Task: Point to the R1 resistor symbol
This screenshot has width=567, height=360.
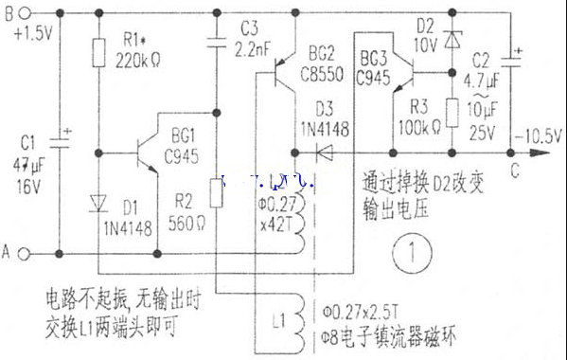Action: (98, 53)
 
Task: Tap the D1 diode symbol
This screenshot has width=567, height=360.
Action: (98, 203)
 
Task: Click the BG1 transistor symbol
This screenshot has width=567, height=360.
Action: (146, 152)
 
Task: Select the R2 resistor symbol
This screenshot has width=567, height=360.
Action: (217, 194)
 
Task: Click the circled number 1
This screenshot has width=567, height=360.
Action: (414, 254)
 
